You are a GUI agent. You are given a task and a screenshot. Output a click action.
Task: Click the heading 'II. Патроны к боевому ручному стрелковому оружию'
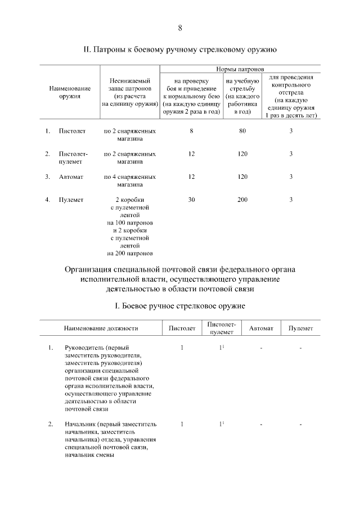[180, 50]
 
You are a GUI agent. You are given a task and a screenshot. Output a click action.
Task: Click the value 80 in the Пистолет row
[242, 131]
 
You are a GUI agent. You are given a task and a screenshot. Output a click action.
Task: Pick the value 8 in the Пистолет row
[192, 131]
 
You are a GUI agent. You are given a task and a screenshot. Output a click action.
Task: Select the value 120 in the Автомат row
[242, 177]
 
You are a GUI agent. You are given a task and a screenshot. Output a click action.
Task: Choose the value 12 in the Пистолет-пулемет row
[192, 154]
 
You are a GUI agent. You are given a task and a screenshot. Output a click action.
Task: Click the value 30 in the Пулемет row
[192, 199]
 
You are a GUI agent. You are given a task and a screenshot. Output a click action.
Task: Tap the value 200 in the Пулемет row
[242, 199]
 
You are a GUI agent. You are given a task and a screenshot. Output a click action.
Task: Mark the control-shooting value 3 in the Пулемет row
[291, 199]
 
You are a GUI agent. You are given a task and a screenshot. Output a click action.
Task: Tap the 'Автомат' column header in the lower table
[261, 328]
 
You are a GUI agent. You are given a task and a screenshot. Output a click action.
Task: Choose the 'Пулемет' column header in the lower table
[301, 328]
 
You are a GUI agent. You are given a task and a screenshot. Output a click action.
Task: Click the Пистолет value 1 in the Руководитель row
[182, 348]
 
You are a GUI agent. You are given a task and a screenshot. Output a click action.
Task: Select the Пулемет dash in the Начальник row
[301, 424]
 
